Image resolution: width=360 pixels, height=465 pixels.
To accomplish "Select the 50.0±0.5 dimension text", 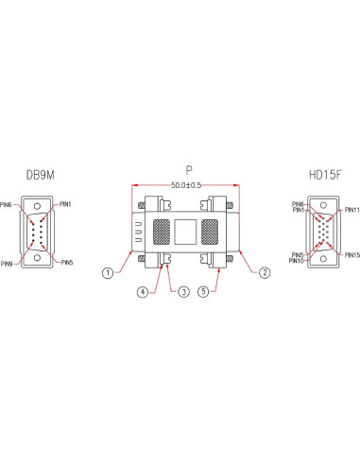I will [x=188, y=185].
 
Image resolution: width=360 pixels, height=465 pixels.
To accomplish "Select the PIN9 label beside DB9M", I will [x=8, y=263].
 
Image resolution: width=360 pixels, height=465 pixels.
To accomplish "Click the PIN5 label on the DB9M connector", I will [x=66, y=263].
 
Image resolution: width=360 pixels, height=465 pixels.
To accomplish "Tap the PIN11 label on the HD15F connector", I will [x=351, y=210].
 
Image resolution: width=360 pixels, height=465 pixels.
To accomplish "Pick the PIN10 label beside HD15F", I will [x=297, y=261].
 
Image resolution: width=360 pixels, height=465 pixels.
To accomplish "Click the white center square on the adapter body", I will [x=188, y=232].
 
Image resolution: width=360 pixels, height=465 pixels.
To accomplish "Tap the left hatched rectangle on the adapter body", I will [x=161, y=232].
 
